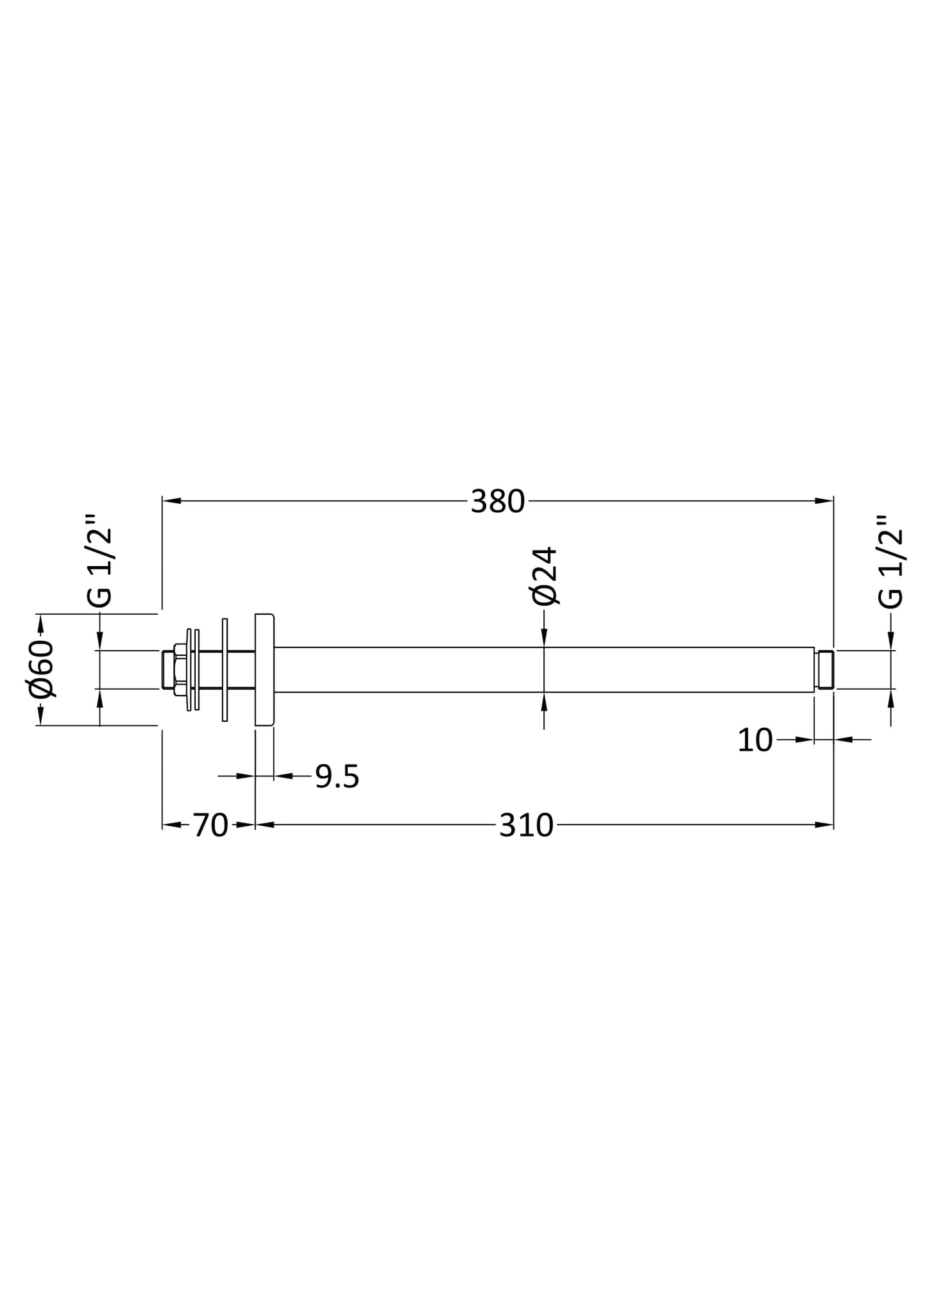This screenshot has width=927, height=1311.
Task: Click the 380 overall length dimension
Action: click(497, 501)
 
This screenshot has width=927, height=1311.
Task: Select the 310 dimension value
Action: click(525, 826)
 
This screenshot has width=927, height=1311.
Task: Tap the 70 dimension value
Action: click(210, 826)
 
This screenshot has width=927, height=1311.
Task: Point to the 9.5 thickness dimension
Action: click(337, 777)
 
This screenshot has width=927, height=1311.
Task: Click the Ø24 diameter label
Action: click(545, 576)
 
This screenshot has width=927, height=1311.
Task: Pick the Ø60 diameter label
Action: click(42, 669)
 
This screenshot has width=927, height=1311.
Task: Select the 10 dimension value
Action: click(754, 740)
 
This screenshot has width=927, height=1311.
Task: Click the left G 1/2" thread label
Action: click(100, 560)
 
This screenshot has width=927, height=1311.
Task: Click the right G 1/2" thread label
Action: click(891, 560)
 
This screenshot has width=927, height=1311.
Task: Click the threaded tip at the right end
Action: click(826, 670)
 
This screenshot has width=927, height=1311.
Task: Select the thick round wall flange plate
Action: click(264, 670)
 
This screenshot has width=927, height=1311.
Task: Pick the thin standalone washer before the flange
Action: click(225, 670)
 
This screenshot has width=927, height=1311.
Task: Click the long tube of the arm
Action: click(545, 670)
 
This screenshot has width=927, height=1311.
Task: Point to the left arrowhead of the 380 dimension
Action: click(171, 501)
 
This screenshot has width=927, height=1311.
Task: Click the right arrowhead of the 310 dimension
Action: click(824, 825)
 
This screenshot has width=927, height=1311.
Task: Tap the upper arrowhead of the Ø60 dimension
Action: click(40, 622)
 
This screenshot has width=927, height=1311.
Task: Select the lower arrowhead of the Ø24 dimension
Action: click(544, 702)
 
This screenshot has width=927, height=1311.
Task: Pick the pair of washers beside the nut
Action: click(193, 670)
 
